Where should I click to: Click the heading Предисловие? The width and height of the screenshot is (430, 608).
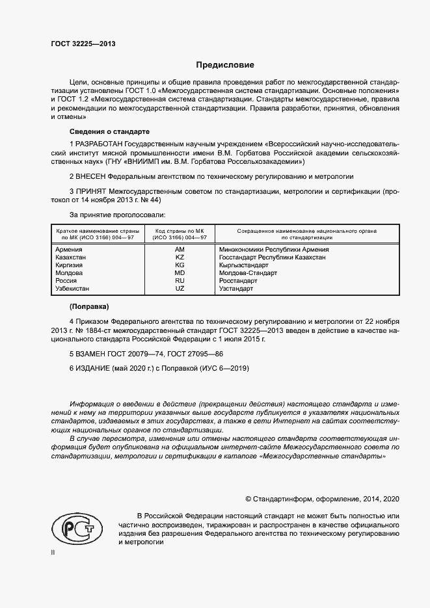coord(225,65)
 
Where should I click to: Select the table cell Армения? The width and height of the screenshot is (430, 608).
coord(69,250)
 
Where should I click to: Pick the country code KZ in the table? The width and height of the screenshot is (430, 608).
coord(180,258)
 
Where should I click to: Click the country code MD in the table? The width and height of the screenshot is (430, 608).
coord(180,273)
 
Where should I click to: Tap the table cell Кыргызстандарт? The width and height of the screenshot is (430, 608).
coord(244,265)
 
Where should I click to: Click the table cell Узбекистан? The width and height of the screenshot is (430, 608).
coord(73,289)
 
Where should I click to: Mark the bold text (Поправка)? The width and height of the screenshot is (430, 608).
coord(89,306)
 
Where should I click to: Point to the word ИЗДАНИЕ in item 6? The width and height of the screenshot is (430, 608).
coord(95,368)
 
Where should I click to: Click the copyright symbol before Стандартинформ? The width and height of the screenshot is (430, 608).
coord(249,499)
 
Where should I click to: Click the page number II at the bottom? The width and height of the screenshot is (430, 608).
coord(53,552)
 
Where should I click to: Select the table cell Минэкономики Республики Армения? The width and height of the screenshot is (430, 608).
coord(274,250)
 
